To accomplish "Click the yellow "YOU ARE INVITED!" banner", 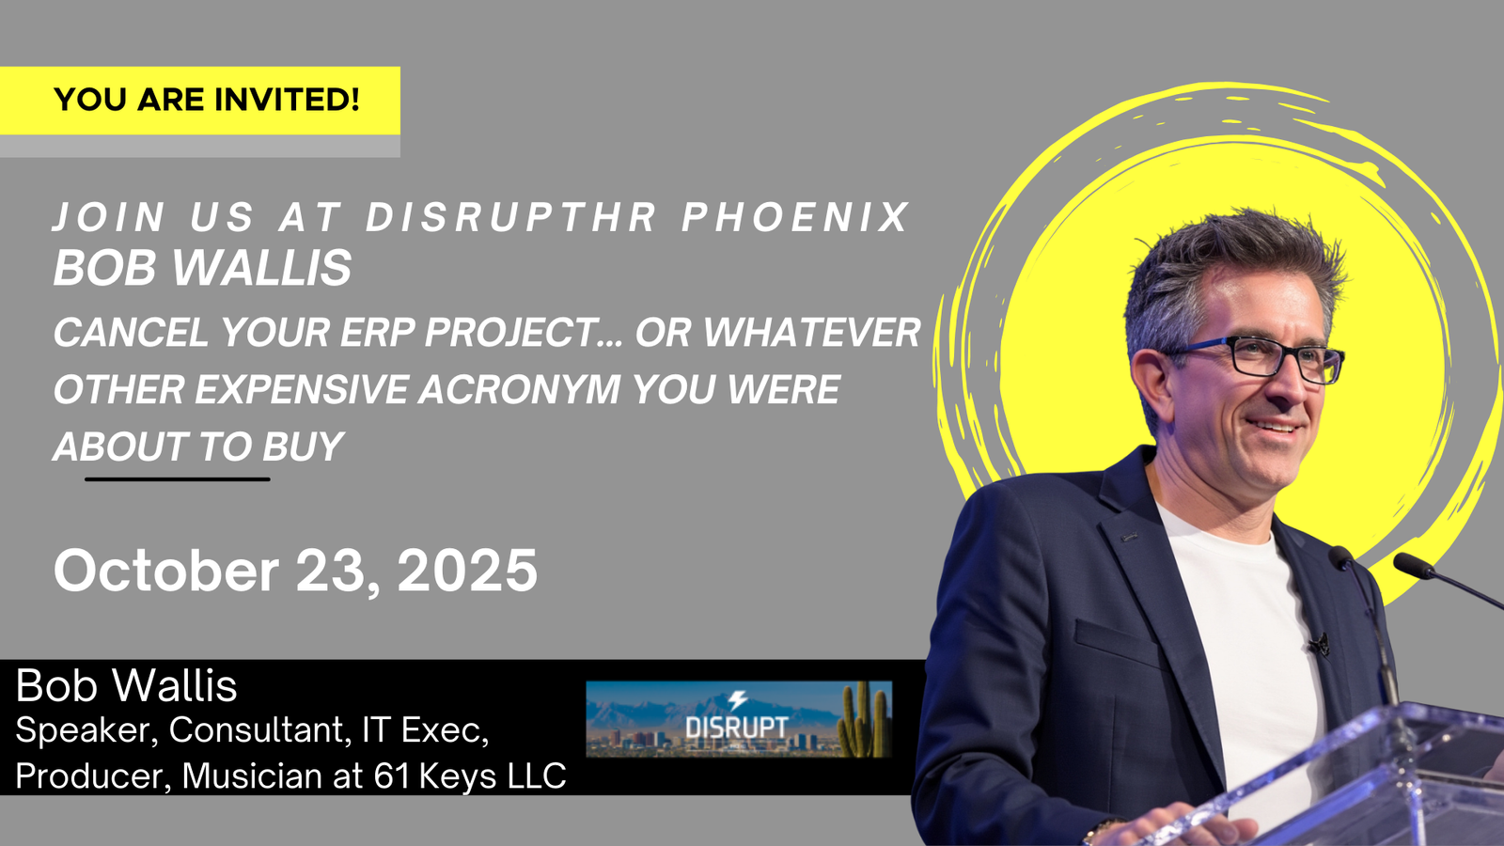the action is point(200,101).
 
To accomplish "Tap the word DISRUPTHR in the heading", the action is point(511,217).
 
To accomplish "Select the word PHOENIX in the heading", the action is point(796,217).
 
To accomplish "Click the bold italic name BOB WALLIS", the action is point(202,267).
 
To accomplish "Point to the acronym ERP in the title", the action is point(377,332).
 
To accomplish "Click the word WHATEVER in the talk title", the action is point(777,332).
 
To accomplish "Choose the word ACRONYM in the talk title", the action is point(519,389).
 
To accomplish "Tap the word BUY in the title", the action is point(303,446).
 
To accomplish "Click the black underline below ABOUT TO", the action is point(178,479).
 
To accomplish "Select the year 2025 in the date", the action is point(467,570).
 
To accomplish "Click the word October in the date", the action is point(165,570).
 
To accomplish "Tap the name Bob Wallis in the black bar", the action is point(126,685).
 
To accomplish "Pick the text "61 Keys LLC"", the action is point(470,775).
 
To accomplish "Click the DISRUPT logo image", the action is point(739,719).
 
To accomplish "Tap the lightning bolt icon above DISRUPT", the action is point(738,700).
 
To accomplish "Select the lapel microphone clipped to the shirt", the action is point(1320,645).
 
